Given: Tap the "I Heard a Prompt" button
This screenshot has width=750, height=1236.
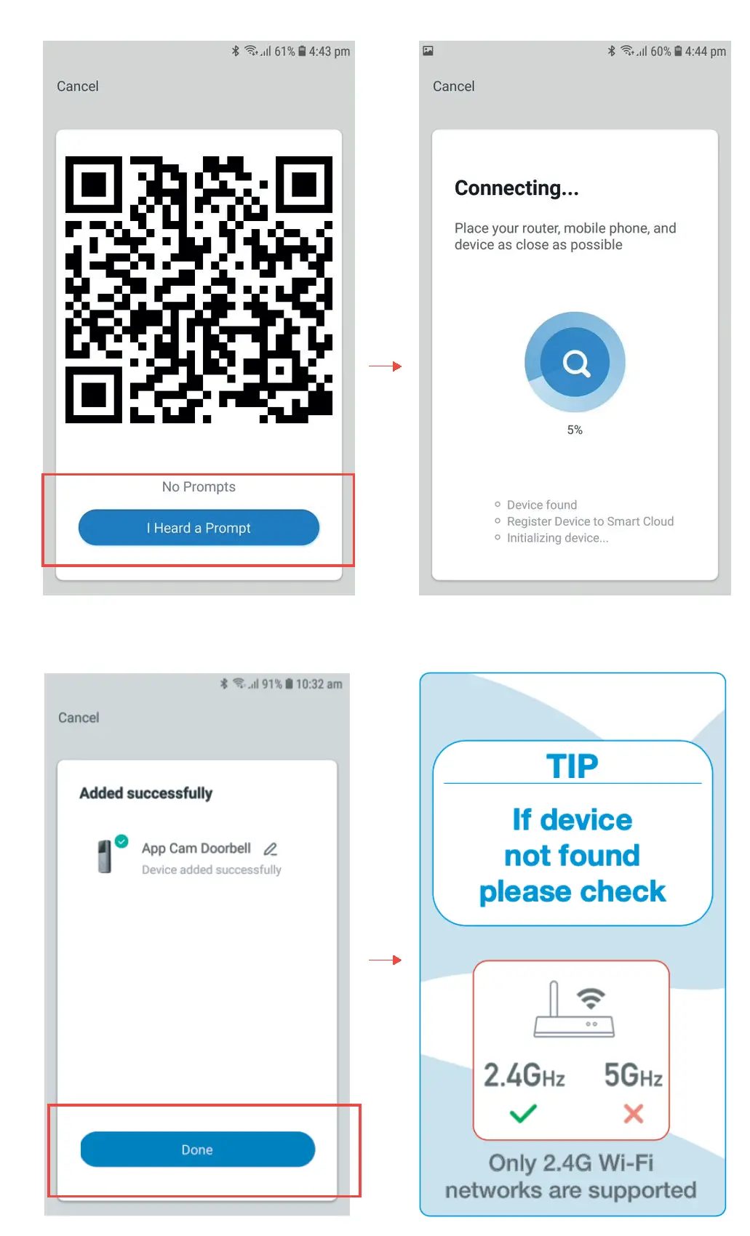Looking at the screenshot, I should [x=199, y=528].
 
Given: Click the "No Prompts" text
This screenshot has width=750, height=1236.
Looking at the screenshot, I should [x=199, y=487].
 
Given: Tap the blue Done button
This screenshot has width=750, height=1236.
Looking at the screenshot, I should [x=197, y=1149].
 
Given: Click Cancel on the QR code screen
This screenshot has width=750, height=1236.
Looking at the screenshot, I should [x=78, y=87].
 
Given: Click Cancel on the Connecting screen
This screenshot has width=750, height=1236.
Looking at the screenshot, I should [x=453, y=87].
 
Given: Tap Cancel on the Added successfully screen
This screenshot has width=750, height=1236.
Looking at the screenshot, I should [x=79, y=718].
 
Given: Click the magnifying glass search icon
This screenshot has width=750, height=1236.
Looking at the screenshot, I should [x=575, y=363].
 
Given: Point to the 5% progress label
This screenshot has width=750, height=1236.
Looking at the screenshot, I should [x=575, y=430].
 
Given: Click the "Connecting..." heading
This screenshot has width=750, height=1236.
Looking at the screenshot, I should [x=516, y=188].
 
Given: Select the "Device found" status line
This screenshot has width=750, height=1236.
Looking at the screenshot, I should [x=541, y=505].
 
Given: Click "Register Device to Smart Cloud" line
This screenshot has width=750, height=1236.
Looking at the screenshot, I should [x=590, y=521].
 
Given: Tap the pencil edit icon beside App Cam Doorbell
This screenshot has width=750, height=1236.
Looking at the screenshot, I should [x=271, y=848].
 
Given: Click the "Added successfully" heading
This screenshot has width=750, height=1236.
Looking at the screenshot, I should [x=145, y=793].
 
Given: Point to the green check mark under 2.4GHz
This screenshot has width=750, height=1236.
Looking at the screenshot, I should [x=523, y=1113].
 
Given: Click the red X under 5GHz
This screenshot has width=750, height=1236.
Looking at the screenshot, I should [x=634, y=1113].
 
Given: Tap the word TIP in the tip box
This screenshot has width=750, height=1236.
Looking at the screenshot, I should [x=573, y=766].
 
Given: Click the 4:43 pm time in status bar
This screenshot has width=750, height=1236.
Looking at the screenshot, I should [x=329, y=52].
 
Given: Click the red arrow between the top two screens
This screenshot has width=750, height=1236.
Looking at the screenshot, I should [x=386, y=366].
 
